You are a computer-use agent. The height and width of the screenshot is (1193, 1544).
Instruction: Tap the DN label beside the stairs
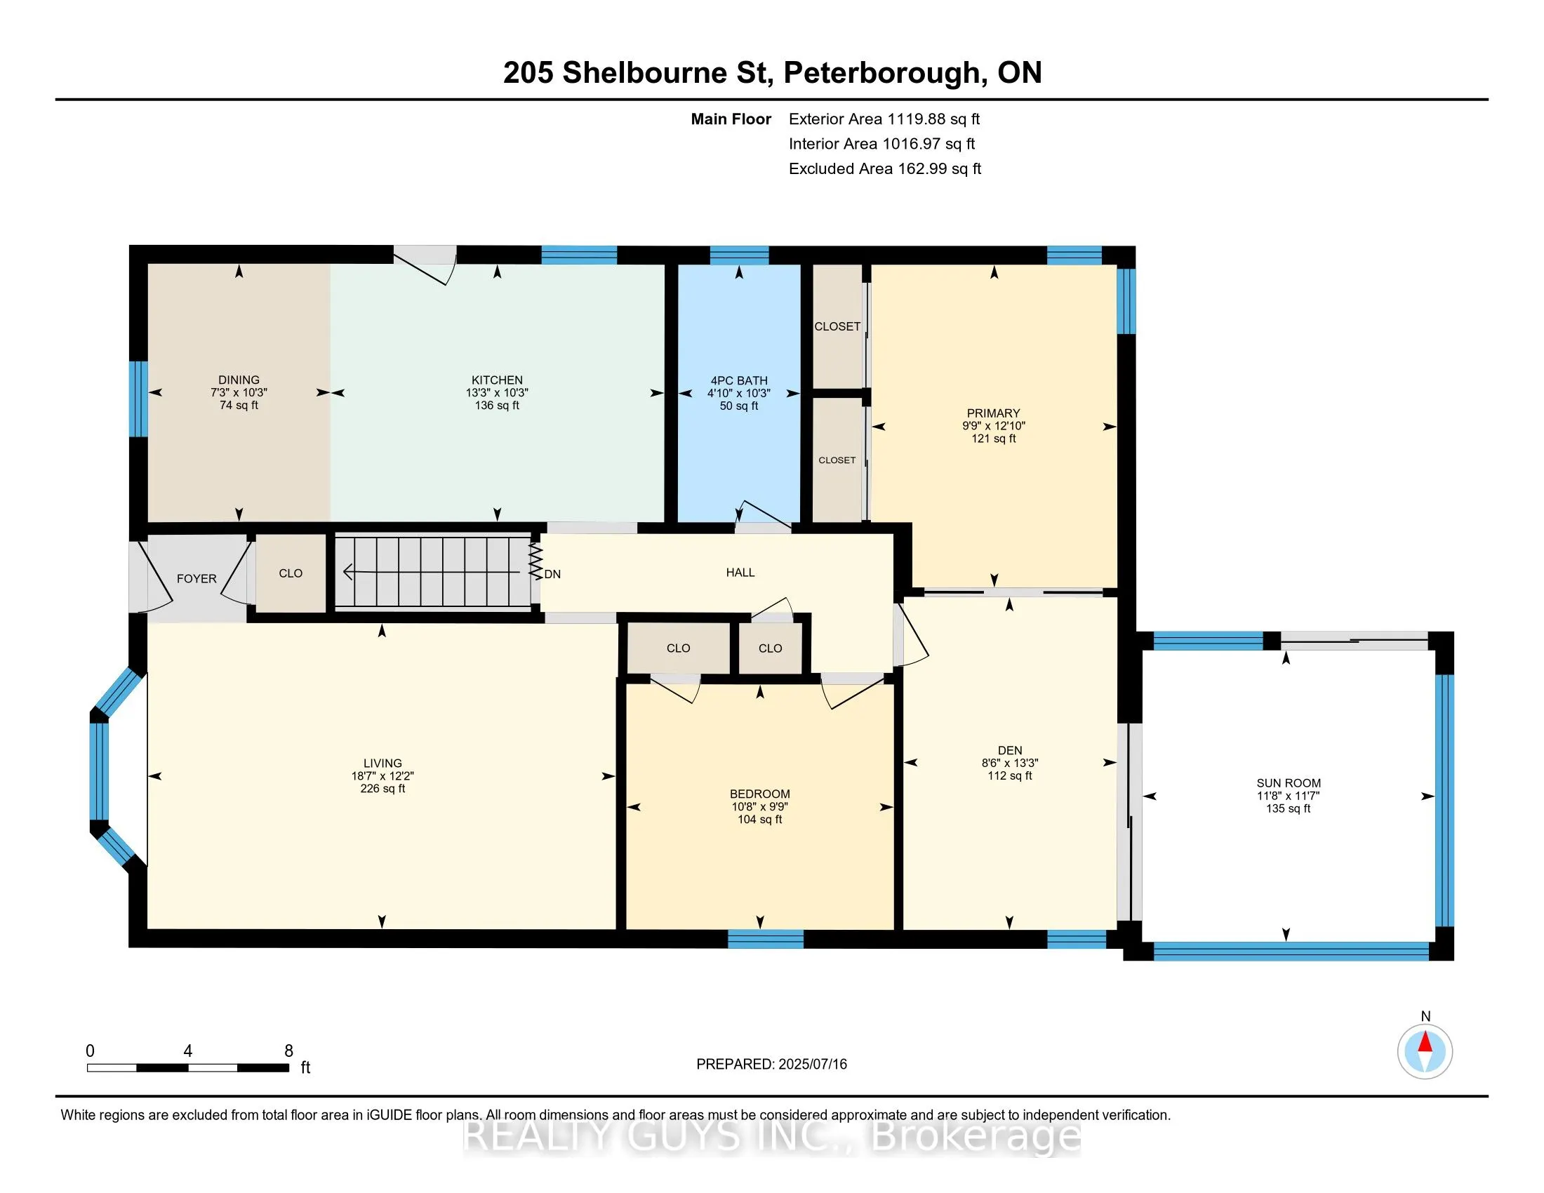pyautogui.click(x=552, y=574)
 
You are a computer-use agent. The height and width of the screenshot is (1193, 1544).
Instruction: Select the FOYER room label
pyautogui.click(x=197, y=579)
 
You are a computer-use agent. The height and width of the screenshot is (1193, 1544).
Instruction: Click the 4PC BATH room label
pyautogui.click(x=739, y=380)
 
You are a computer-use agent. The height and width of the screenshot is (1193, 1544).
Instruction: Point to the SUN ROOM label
pyautogui.click(x=1288, y=783)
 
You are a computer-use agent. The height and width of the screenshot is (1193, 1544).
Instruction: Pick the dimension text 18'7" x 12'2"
pyautogui.click(x=382, y=775)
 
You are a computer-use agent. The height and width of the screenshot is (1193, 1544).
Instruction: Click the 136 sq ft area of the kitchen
pyautogui.click(x=497, y=405)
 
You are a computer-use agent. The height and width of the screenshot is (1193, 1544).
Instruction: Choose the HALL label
pyautogui.click(x=740, y=573)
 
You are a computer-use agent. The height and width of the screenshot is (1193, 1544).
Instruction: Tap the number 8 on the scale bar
pyautogui.click(x=288, y=1051)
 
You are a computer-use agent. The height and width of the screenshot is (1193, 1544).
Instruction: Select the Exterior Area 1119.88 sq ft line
pyautogui.click(x=884, y=119)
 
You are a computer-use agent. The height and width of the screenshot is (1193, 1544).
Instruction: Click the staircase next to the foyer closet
pyautogui.click(x=432, y=572)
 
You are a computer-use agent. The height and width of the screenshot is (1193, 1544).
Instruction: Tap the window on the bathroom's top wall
pyautogui.click(x=739, y=255)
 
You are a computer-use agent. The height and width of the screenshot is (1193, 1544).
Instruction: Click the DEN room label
pyautogui.click(x=1009, y=751)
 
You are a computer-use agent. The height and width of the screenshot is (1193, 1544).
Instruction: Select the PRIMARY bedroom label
pyautogui.click(x=993, y=413)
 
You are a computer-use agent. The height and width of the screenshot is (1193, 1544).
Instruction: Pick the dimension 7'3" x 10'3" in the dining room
pyautogui.click(x=239, y=392)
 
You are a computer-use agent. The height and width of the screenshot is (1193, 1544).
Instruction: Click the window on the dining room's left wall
pyautogui.click(x=138, y=399)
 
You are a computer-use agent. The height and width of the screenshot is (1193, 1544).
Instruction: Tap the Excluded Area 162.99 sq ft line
pyautogui.click(x=885, y=168)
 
